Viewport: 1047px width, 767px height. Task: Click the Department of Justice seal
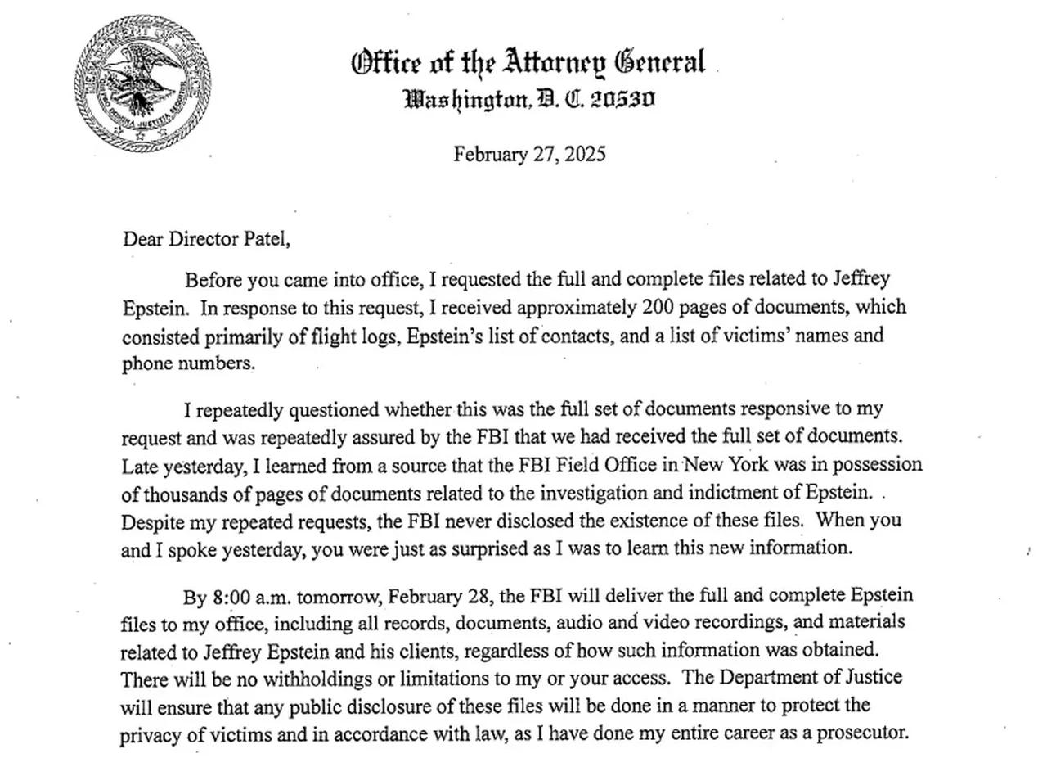click(142, 83)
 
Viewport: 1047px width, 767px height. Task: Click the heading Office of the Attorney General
click(528, 63)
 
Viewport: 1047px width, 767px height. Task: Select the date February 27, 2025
click(529, 154)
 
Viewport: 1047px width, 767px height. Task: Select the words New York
click(725, 465)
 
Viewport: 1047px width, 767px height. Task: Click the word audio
click(577, 623)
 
